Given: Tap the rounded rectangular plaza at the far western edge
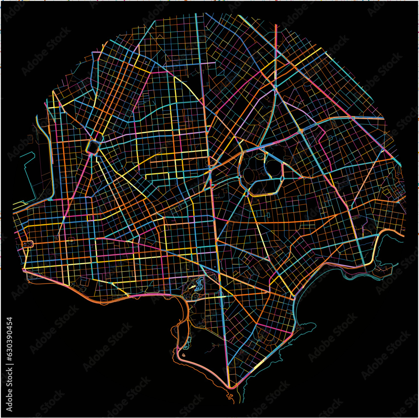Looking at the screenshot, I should (x=28, y=244).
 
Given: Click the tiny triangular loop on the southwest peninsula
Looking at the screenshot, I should (x=184, y=355).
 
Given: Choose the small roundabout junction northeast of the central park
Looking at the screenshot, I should (x=301, y=131).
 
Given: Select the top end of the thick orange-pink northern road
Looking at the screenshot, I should (x=276, y=26).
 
